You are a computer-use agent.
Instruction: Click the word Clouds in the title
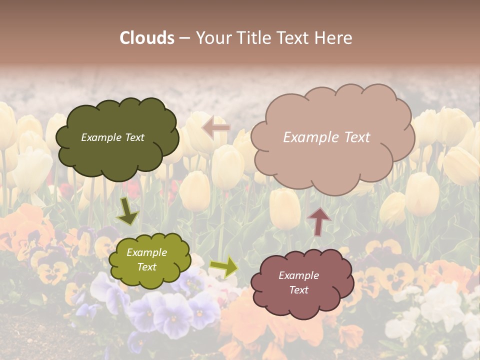[x=147, y=38]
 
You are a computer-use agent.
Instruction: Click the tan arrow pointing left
[x=216, y=127]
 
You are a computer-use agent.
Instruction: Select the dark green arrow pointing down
[x=127, y=212]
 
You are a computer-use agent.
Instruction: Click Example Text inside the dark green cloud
[x=112, y=137]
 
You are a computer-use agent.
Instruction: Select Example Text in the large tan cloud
[x=326, y=137]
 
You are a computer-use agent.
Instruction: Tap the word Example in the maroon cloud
[x=298, y=275]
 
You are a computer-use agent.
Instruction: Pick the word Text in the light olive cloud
[x=147, y=267]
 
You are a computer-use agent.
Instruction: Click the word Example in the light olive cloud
[x=147, y=253]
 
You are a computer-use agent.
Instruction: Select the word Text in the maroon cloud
[x=298, y=290]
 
